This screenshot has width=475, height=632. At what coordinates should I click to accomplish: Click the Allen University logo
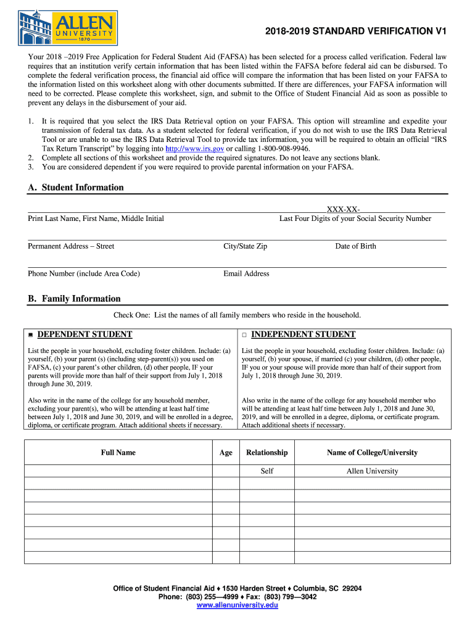67,27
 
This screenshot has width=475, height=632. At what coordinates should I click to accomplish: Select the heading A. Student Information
76,188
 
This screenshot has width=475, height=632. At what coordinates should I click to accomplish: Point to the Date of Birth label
355,246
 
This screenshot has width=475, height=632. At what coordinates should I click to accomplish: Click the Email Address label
246,273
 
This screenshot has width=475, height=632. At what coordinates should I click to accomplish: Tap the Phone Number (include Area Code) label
84,273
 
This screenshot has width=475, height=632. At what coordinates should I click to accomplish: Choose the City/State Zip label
245,246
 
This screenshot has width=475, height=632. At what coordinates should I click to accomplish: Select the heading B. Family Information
74,299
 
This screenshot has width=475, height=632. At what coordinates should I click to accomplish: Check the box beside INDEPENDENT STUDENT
244,335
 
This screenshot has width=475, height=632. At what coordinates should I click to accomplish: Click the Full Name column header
118,452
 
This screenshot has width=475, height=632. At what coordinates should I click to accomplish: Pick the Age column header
226,452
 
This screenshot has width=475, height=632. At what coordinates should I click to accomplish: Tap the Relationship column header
266,452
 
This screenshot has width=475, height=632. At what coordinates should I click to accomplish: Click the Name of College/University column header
372,452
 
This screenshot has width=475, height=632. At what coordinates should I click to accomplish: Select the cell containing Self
266,471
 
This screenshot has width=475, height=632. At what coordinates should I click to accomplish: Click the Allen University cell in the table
372,471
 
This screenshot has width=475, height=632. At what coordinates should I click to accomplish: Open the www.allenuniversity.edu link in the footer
238,605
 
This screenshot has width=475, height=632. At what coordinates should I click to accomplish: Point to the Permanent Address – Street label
71,246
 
